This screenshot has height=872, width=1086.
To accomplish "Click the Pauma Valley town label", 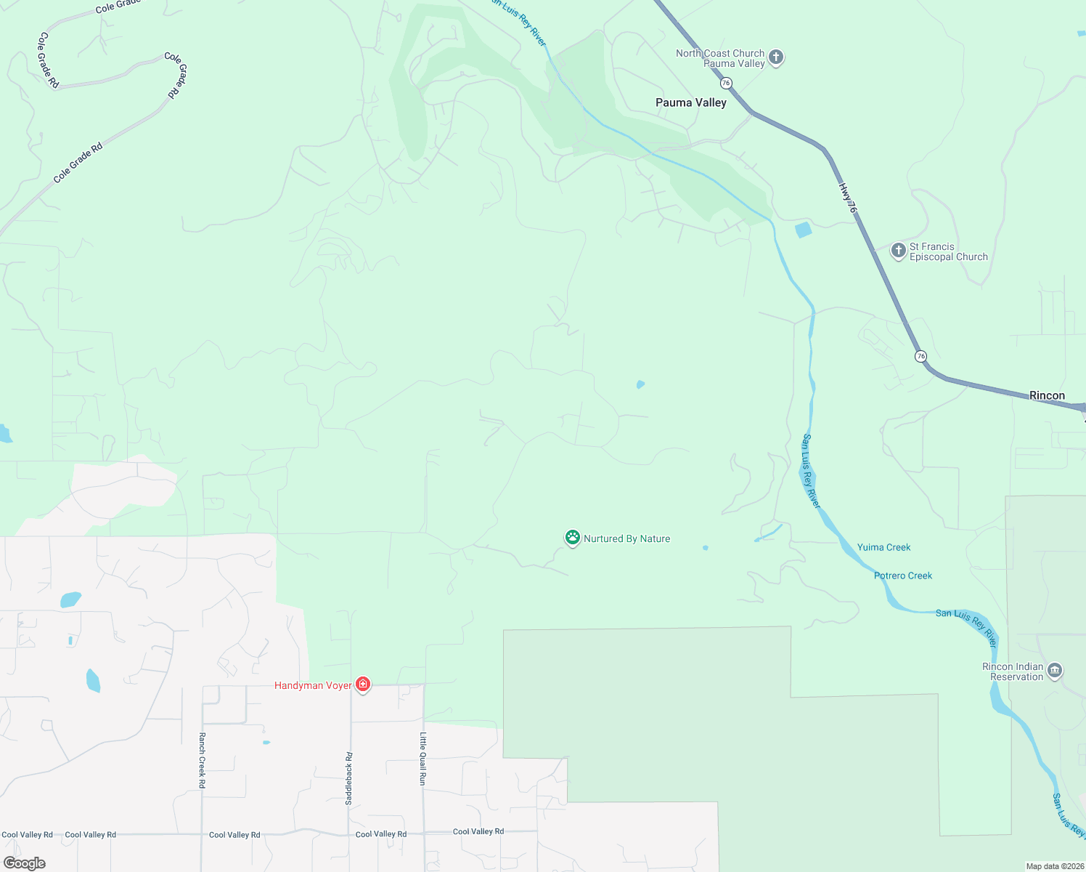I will (x=690, y=102).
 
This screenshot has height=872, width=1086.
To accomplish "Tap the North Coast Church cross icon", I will (x=775, y=57).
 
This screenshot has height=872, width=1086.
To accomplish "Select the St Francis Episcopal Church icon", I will (x=898, y=251).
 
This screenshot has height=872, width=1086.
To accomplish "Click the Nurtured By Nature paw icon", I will (x=573, y=538).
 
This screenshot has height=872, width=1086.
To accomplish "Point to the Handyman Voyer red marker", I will (x=363, y=685).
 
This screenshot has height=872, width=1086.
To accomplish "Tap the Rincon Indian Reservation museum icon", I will (x=1055, y=671).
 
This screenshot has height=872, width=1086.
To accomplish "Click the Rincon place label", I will (x=1047, y=395).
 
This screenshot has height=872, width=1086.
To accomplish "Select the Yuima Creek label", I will (x=883, y=547).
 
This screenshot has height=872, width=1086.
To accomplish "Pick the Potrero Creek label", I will (x=903, y=576).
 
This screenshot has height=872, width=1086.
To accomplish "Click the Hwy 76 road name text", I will (x=848, y=198).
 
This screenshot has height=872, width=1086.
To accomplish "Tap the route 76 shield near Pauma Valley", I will (x=726, y=83).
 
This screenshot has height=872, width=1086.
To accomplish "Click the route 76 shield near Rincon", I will (x=920, y=356).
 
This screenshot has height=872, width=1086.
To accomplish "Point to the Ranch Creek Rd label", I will (x=202, y=759).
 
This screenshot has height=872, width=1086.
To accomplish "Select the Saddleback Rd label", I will (x=349, y=778).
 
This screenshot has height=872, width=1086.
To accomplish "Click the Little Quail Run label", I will (x=422, y=758).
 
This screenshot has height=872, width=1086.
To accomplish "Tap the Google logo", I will (x=25, y=863).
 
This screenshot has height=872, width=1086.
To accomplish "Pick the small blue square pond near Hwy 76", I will (x=803, y=230).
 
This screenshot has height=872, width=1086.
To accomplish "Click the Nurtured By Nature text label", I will (x=626, y=538).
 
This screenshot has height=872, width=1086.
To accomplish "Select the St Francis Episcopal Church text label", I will (x=948, y=251).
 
